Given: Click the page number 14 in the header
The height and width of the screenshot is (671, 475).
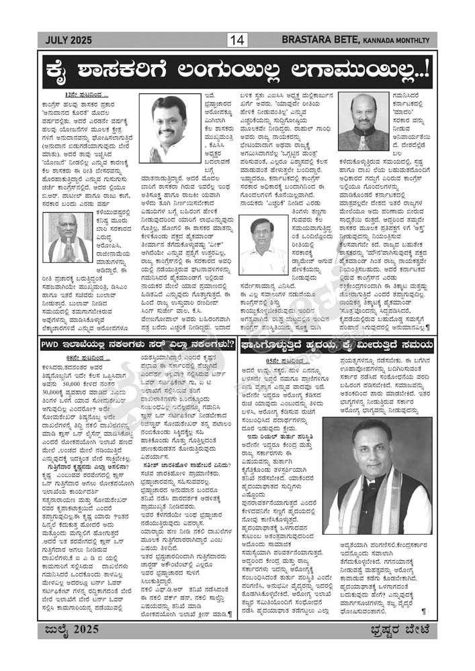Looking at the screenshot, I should coord(237,40).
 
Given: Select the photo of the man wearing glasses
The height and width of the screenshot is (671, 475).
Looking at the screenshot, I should coord(265,244).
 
